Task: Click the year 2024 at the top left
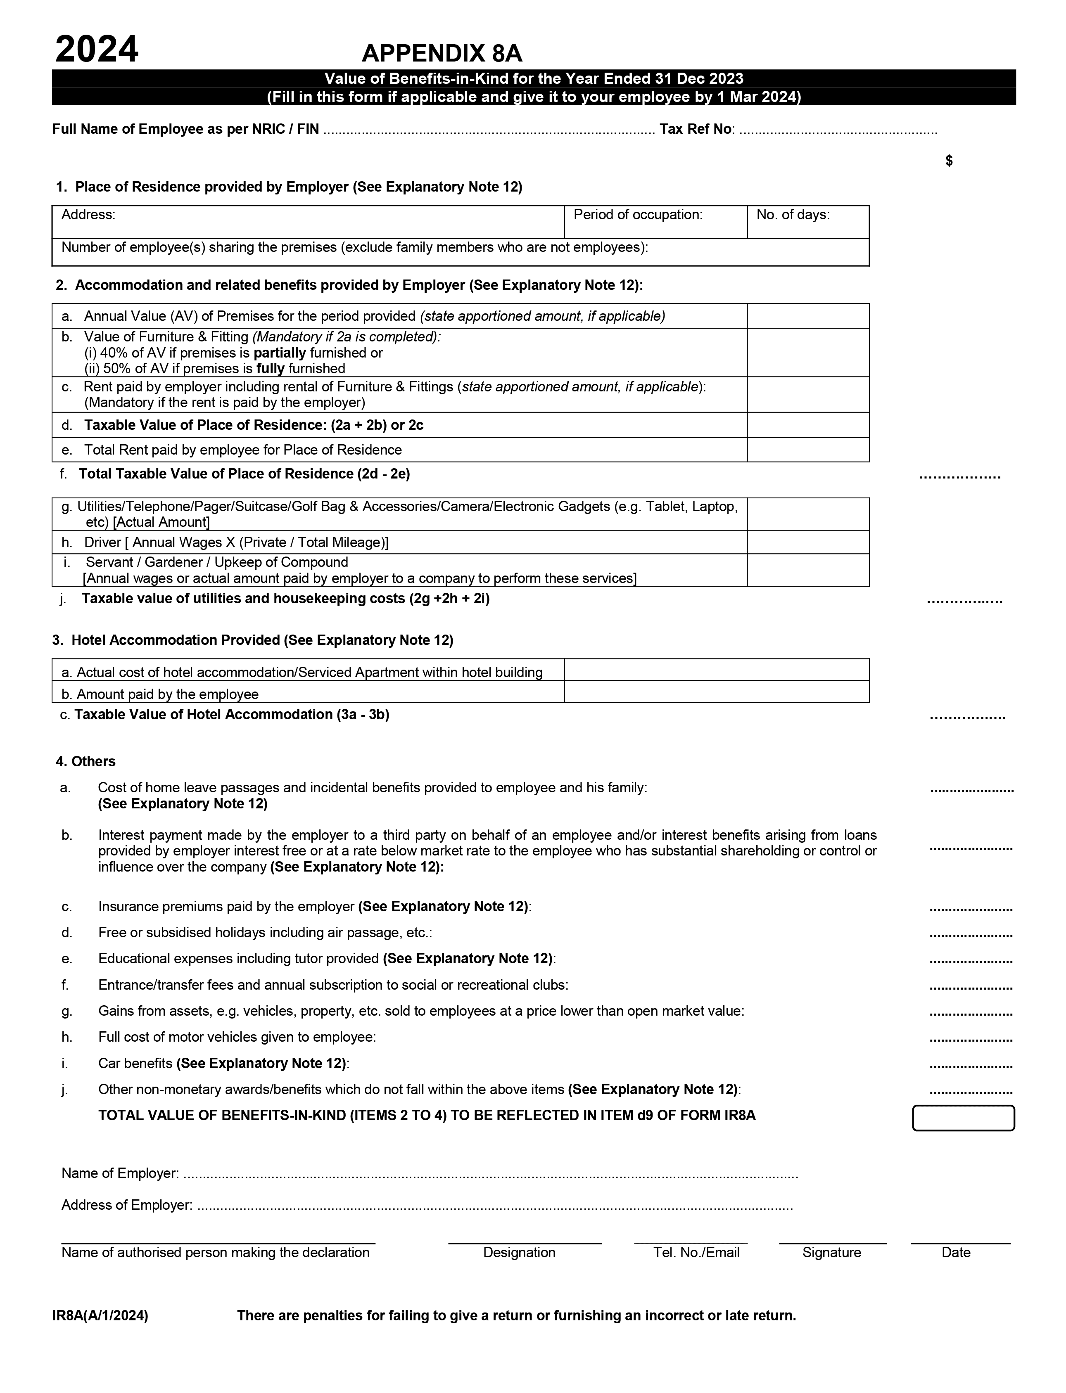click(x=97, y=50)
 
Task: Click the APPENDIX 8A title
click(x=442, y=54)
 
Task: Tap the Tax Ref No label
click(x=696, y=129)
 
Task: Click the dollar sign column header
click(x=949, y=161)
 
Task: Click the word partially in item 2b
click(x=280, y=353)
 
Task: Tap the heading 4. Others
click(x=85, y=761)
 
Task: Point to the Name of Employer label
click(x=120, y=1173)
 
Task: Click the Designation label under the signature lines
click(x=519, y=1252)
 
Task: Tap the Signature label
click(x=831, y=1252)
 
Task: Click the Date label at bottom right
click(x=956, y=1252)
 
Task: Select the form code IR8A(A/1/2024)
click(x=100, y=1316)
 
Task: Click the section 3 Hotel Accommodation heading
click(x=252, y=640)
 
